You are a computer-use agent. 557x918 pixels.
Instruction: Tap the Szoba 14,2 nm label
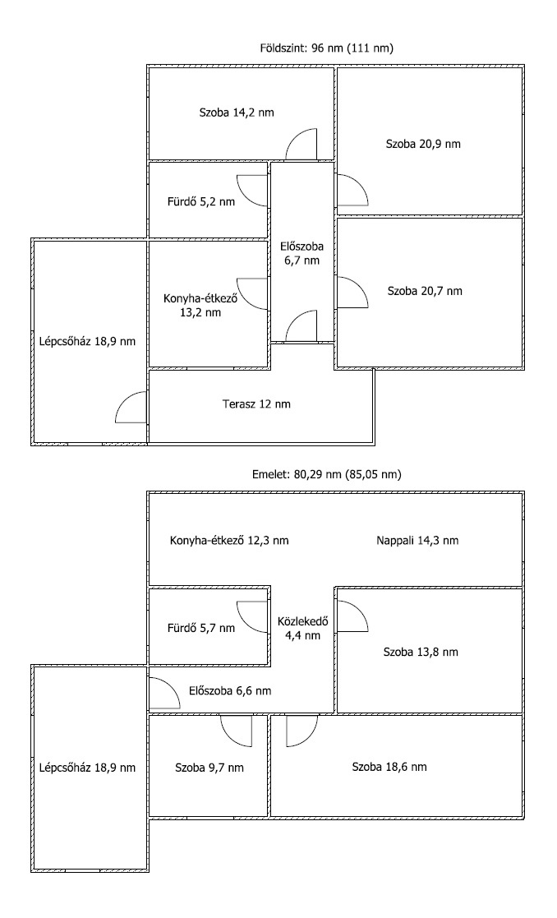click(x=237, y=113)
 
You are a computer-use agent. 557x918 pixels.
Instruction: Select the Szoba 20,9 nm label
click(x=423, y=144)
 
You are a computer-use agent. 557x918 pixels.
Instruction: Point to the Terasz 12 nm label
click(x=256, y=404)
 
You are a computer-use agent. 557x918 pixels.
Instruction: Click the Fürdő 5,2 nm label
click(x=201, y=202)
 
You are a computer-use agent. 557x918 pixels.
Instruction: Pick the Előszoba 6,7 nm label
click(x=302, y=253)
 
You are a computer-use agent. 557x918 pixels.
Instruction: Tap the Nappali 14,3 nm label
click(x=417, y=541)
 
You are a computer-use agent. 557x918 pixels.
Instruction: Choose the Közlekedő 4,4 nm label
click(x=302, y=628)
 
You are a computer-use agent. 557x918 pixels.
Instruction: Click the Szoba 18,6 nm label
click(x=389, y=766)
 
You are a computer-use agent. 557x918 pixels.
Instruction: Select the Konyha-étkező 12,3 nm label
click(x=228, y=541)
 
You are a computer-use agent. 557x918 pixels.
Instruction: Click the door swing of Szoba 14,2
click(x=302, y=144)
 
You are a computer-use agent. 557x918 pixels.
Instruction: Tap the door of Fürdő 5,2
click(x=253, y=191)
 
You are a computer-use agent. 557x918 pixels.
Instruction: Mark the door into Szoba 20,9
click(x=352, y=191)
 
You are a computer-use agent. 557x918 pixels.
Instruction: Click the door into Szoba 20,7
click(x=352, y=292)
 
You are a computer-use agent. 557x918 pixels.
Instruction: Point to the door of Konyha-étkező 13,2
click(x=253, y=294)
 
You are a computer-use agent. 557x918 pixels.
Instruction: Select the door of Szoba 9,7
click(x=237, y=731)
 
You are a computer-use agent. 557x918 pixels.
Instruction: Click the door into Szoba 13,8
click(x=352, y=616)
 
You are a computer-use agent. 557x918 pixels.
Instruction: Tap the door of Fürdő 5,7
click(x=253, y=617)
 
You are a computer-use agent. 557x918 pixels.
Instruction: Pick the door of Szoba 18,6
click(x=302, y=731)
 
